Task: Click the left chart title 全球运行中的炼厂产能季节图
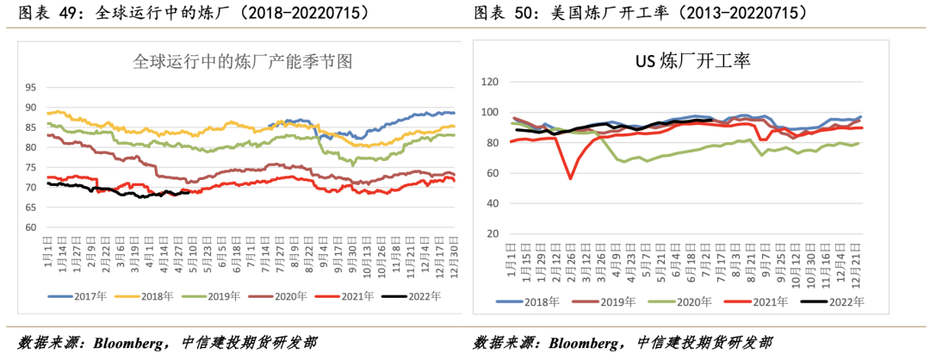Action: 244,61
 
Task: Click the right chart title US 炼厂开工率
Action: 693,61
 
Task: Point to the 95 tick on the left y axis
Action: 31,87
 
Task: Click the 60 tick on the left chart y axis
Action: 31,227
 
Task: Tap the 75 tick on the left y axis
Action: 31,167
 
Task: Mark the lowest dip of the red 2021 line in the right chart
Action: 570,178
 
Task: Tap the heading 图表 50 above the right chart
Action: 499,13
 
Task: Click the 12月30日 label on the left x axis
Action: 449,254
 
